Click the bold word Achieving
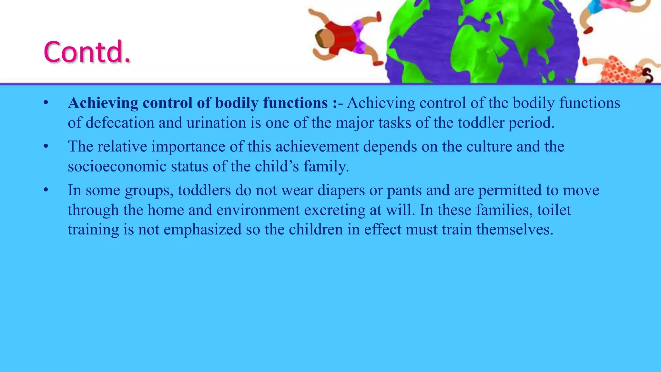tap(103, 103)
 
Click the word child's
tap(277, 167)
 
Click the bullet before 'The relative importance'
tap(46, 147)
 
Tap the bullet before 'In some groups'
tap(46, 191)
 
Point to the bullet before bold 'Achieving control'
tap(46, 103)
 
